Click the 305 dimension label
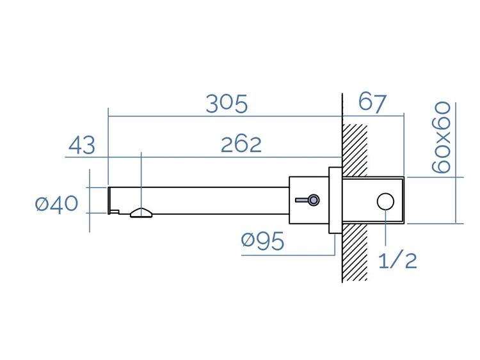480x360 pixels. click(x=227, y=104)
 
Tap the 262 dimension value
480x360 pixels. click(x=241, y=145)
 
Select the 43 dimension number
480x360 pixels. click(x=82, y=145)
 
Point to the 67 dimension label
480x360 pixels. click(x=372, y=102)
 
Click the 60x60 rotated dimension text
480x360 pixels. click(x=441, y=137)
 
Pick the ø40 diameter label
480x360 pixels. click(x=56, y=204)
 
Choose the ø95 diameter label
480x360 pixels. click(x=262, y=240)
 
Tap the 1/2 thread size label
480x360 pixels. click(x=397, y=261)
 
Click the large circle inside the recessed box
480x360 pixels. click(x=385, y=201)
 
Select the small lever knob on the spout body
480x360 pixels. click(x=308, y=200)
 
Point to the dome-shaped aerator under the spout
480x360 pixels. click(x=141, y=213)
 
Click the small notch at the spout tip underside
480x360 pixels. click(x=115, y=212)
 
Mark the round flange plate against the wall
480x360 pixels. click(x=335, y=200)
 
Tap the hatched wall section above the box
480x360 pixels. click(x=355, y=150)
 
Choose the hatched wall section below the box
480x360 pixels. click(x=355, y=253)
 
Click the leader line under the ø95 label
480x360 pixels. click(x=288, y=254)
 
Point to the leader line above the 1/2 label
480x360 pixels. click(x=385, y=228)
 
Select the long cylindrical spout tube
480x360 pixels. click(x=199, y=201)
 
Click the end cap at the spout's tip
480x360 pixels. click(x=109, y=200)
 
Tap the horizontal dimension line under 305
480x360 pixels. click(x=225, y=116)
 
